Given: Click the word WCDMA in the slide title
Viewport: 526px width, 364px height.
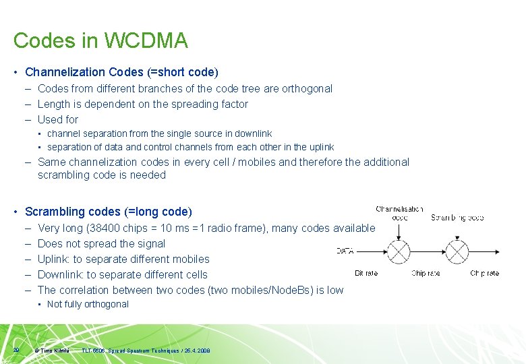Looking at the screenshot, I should coord(145,40).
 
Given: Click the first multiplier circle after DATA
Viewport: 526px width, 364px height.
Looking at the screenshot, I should coord(399,252).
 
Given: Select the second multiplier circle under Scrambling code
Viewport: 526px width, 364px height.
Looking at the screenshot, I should coord(457,252).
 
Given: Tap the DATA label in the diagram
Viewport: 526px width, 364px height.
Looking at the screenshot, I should coord(345,251).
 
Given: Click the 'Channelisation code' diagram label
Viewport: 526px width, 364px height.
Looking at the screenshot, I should coord(399,213).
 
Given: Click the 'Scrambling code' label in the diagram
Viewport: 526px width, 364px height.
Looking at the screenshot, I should coord(457,217).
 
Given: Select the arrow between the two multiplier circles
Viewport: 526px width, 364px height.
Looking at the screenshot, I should coord(428,252).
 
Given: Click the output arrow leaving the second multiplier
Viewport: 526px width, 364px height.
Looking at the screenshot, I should coord(484,252).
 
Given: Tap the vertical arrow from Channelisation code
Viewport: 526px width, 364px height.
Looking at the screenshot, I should coord(399,231).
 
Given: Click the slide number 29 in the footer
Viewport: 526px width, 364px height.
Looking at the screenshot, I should coord(16,349).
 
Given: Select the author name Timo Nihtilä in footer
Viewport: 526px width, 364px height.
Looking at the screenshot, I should coord(55,351).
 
